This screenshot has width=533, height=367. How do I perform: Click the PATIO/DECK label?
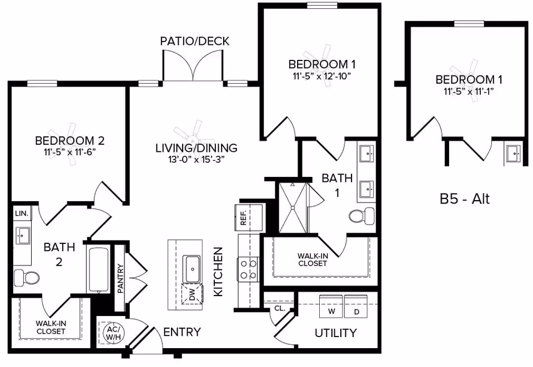(x=194, y=42)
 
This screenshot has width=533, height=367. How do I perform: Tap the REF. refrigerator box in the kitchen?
(x=243, y=217)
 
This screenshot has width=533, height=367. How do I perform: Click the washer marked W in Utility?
(x=331, y=306)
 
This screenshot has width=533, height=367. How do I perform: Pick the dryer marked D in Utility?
(x=356, y=306)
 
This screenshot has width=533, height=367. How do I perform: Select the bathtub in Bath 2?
(x=98, y=270)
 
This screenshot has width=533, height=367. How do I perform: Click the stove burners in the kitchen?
(x=248, y=269)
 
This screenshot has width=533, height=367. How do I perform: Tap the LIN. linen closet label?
(x=21, y=213)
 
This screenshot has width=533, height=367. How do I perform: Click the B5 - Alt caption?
(x=465, y=199)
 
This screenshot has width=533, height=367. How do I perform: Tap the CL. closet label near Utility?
(x=279, y=308)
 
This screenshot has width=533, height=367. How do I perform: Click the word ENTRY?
(x=182, y=332)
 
